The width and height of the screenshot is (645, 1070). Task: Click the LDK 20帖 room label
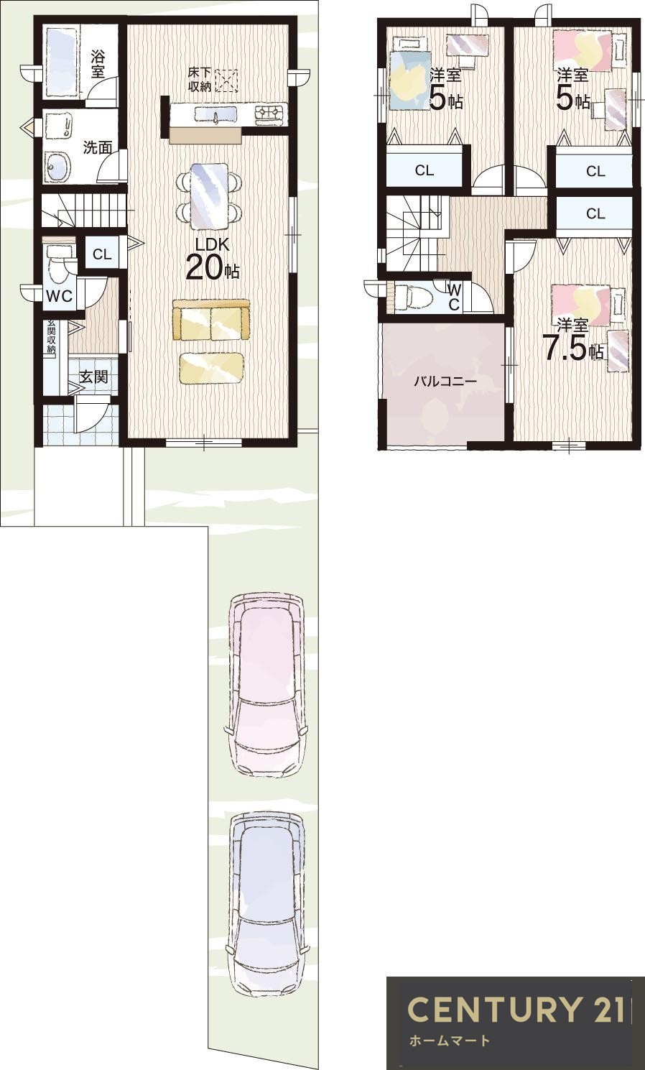213,260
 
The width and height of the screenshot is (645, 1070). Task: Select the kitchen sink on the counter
215,116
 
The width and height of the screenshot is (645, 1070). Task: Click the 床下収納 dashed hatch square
226,80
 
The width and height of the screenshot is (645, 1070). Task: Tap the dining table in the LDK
209,196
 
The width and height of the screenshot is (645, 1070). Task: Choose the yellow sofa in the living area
211,320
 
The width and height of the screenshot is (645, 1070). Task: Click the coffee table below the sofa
212,367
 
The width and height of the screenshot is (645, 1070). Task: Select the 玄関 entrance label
93,377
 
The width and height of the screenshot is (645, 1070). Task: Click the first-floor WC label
59,296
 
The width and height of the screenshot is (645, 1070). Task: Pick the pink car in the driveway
266,684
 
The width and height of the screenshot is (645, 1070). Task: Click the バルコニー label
445,381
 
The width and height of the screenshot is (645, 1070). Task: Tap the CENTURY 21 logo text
516,1010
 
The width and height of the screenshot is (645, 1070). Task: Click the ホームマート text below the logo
449,1041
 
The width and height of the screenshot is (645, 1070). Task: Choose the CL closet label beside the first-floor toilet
102,254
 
